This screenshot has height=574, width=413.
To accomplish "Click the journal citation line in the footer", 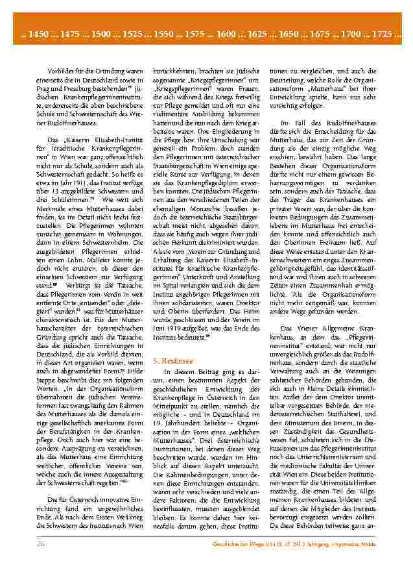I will pyautogui.click(x=313, y=543).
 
